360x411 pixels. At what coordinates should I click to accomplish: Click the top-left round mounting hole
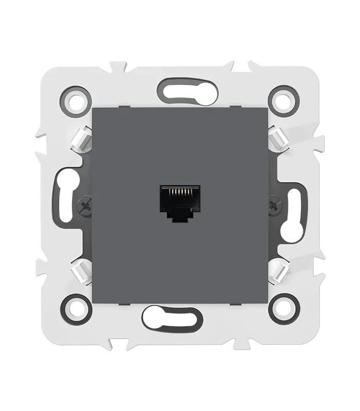pos(76,98)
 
